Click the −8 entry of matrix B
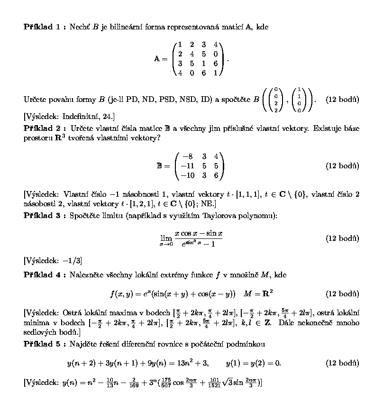(x=187, y=156)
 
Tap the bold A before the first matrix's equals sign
(x=157, y=59)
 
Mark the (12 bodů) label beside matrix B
(x=342, y=166)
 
